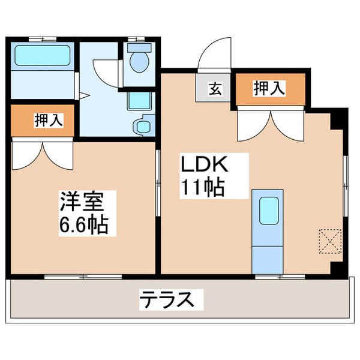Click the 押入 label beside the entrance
(269, 88)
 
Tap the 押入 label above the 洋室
(47, 120)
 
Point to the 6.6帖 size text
(84, 225)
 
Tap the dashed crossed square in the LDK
(329, 241)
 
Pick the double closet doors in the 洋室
(41, 153)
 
